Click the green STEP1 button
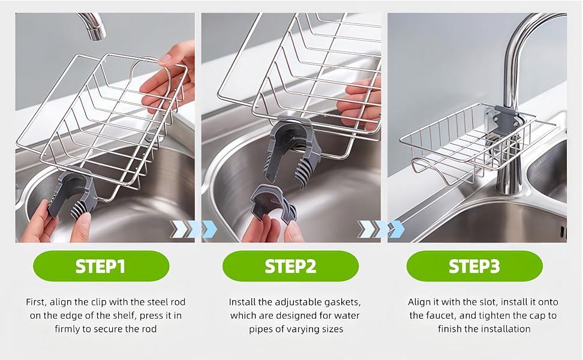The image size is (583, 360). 101,266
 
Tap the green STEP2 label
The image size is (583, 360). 290,266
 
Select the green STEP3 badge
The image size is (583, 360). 474,266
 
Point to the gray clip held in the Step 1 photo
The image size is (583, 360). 73,193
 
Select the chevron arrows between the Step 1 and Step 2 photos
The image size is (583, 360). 193,229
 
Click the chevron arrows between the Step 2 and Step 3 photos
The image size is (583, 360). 381,229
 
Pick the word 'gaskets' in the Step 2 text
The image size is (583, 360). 342,302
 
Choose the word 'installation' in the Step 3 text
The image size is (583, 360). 506,329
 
